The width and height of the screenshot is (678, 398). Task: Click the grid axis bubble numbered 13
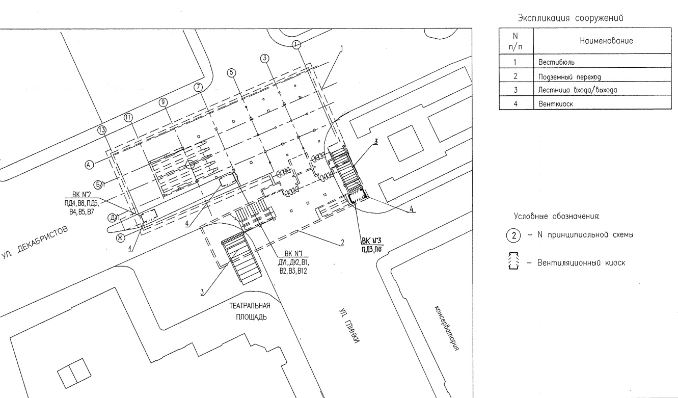click(x=102, y=130)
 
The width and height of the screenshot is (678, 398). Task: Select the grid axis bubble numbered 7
click(x=198, y=87)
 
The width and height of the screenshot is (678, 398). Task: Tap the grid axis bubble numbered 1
click(x=296, y=44)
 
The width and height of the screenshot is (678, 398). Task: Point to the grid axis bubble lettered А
click(x=89, y=165)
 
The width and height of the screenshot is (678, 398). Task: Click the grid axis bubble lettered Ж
click(x=120, y=238)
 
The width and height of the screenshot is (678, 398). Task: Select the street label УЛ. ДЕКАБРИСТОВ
click(x=35, y=242)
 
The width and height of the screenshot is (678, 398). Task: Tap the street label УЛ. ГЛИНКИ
click(x=349, y=326)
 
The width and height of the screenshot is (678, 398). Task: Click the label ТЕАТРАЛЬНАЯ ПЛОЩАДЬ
click(x=250, y=311)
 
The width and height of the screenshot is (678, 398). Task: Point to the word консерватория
click(x=447, y=328)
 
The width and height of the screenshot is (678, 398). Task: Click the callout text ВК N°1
click(x=293, y=253)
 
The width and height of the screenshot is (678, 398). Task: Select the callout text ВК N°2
click(x=82, y=195)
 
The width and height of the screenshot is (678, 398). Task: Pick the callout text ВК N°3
click(x=372, y=241)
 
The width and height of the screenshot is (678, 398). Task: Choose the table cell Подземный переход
click(x=569, y=77)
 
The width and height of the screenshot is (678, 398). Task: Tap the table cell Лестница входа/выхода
click(x=578, y=90)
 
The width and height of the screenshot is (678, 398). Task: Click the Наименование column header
click(x=606, y=41)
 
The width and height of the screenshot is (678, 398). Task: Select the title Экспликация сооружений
click(x=571, y=18)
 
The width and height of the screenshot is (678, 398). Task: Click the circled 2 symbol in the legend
click(x=513, y=235)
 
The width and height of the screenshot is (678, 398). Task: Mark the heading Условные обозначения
click(x=556, y=217)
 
